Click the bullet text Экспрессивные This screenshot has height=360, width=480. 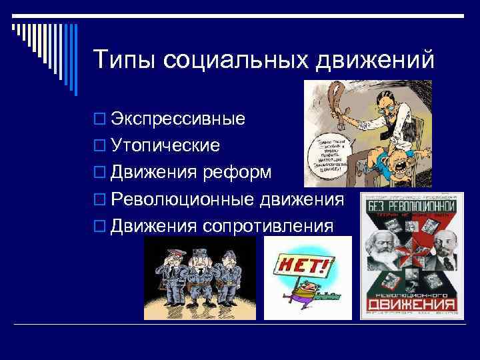tap(177, 119)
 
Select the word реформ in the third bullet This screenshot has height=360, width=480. tap(237, 173)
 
